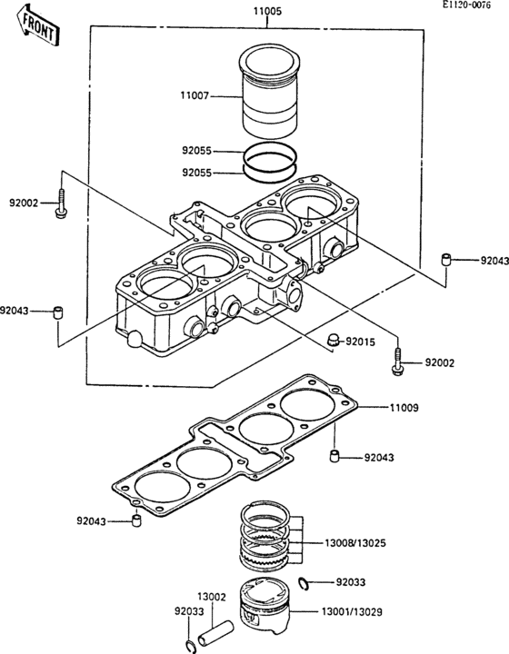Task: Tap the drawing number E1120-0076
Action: (472, 5)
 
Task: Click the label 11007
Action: (197, 93)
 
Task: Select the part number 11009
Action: (403, 409)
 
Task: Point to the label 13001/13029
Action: (355, 612)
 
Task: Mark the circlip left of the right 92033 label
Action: (304, 581)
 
